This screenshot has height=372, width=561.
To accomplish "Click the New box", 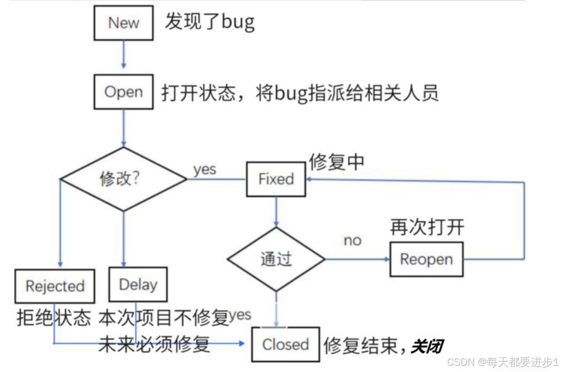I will coord(123,23).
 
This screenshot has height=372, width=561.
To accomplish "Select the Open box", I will coord(123,92).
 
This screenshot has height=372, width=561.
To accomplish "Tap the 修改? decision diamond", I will coord(123,179).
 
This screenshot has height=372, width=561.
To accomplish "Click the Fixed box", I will coord(276,179).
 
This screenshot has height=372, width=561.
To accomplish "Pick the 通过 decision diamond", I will coord(276,259).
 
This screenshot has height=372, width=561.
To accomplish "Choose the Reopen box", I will coord(426,259).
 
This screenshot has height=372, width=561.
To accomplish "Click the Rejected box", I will coord(55,286).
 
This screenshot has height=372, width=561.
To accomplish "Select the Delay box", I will coord(138,284).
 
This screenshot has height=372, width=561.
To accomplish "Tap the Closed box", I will coord(285,344).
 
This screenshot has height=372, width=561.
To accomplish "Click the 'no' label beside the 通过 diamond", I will coord(352,241).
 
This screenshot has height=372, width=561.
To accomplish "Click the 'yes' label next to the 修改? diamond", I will coord(205,170).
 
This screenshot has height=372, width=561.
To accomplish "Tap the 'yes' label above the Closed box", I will coord(240,315).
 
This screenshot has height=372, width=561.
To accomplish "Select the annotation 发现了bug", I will coord(210,22).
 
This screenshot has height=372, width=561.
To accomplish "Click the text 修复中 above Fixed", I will coord(336,161).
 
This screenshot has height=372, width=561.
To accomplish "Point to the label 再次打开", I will coord(427,227).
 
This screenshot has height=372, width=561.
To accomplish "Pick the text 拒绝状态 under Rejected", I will coord(53,317).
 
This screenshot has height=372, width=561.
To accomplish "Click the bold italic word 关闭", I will coord(427,347).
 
